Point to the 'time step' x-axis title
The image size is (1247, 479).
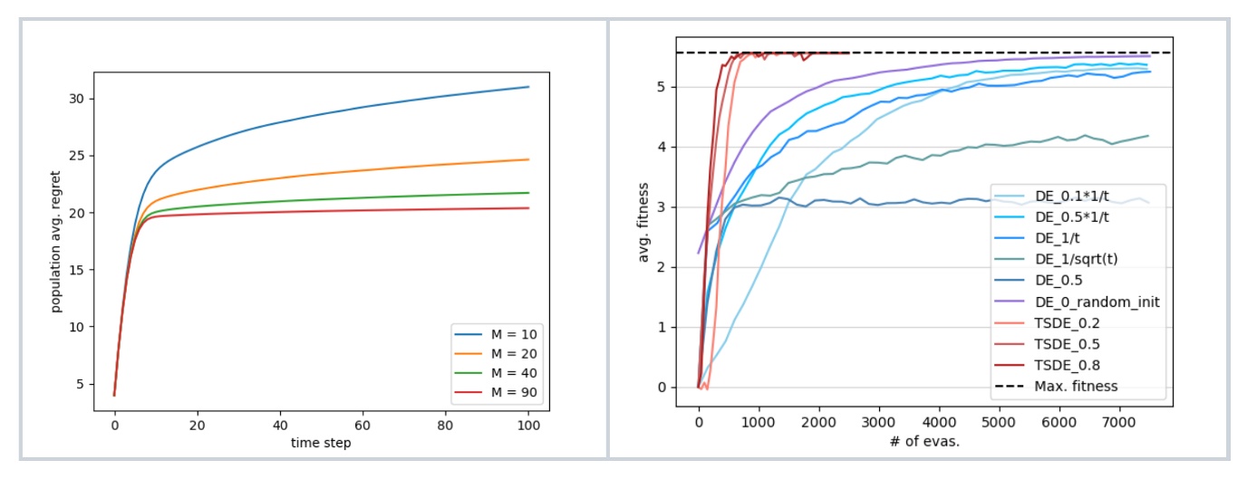320,443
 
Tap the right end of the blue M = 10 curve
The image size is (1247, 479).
527,87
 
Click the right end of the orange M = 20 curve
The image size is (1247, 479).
527,159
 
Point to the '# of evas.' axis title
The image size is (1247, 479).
924,443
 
